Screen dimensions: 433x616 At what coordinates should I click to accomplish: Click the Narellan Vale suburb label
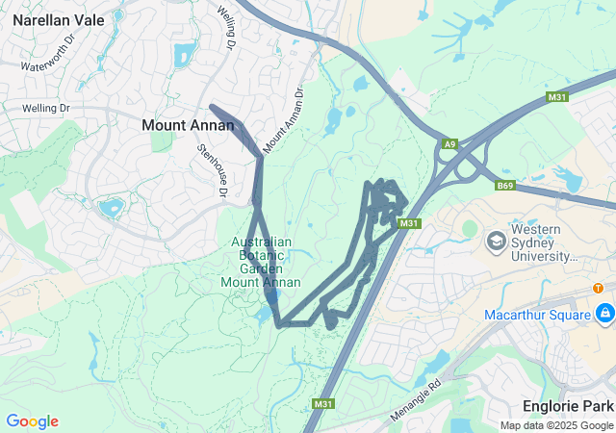tap(59, 18)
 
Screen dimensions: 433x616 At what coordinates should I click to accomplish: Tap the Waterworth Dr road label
tap(48, 60)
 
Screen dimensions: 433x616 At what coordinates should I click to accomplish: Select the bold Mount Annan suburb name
tap(188, 125)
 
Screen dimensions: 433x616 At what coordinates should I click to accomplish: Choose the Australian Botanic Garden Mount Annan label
tap(261, 262)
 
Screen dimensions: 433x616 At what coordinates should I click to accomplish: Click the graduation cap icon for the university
tap(497, 239)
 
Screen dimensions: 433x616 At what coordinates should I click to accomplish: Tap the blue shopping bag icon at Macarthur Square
tap(604, 314)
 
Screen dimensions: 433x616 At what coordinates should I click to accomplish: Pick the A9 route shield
tap(449, 143)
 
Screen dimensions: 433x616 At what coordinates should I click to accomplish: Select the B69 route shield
tap(506, 186)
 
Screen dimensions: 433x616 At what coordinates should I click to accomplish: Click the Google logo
tap(32, 421)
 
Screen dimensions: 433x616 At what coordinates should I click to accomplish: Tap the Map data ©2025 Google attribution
tap(556, 425)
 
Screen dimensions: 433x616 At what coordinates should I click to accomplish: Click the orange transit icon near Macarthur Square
tap(598, 288)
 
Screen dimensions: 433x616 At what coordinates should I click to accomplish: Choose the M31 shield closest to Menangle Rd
tap(322, 402)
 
